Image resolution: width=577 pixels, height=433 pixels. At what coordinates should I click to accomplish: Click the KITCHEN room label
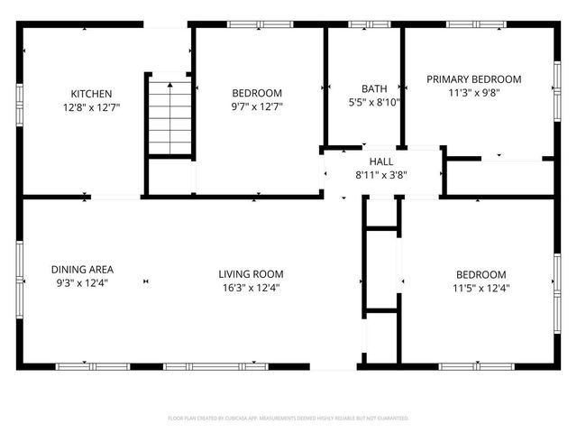coord(92,94)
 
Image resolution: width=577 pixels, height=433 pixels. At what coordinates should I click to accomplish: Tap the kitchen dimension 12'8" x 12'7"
coord(92,107)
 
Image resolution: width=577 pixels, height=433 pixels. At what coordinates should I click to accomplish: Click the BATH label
coord(374,88)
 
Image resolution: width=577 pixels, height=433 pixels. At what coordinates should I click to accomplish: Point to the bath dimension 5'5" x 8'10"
coord(374,102)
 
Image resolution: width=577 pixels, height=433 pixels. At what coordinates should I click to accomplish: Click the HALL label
coord(381,161)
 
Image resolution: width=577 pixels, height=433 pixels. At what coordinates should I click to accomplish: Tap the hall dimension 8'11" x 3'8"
coord(381,175)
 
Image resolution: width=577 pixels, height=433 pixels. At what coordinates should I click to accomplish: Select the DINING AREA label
coord(82,269)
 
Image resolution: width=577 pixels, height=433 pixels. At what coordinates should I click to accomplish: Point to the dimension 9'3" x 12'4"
coord(82,283)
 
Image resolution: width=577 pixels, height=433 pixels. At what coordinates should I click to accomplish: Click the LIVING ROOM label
coord(251,274)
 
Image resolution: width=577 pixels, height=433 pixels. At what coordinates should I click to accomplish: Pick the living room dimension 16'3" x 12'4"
coord(251,289)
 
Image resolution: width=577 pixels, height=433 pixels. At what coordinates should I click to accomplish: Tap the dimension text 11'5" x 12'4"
coord(481,289)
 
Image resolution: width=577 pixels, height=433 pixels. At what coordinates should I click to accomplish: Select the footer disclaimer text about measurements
coord(288,419)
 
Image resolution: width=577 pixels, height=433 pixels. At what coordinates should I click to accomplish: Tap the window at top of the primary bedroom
coord(474,24)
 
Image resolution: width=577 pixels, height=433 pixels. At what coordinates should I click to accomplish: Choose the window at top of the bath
coord(363,24)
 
